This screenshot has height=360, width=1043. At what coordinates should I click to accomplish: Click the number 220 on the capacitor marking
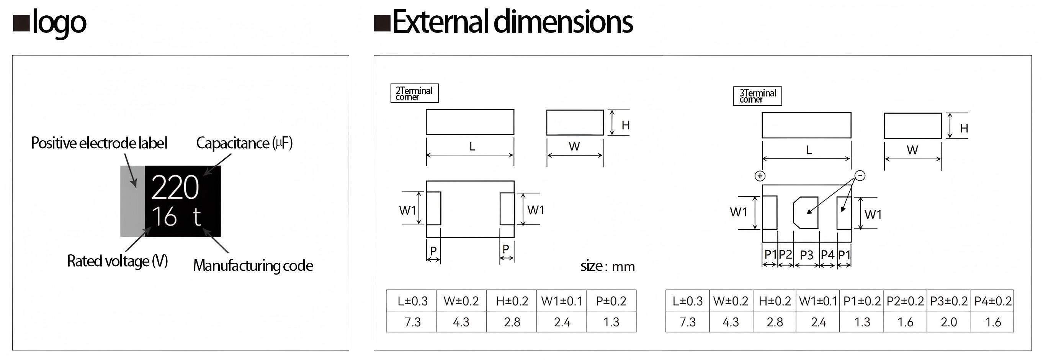click(175, 187)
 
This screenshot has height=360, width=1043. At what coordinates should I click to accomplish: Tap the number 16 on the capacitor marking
click(164, 217)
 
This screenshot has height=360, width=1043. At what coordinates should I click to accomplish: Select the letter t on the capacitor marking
click(197, 218)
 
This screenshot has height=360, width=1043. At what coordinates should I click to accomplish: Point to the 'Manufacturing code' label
click(253, 266)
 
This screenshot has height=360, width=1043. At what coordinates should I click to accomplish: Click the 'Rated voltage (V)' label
click(118, 261)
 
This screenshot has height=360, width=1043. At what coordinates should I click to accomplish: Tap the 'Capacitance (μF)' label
click(244, 143)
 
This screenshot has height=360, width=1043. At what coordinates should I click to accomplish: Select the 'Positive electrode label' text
click(99, 143)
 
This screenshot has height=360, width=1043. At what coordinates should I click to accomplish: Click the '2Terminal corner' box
click(415, 93)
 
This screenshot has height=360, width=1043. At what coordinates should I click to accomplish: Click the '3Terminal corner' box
click(757, 96)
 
